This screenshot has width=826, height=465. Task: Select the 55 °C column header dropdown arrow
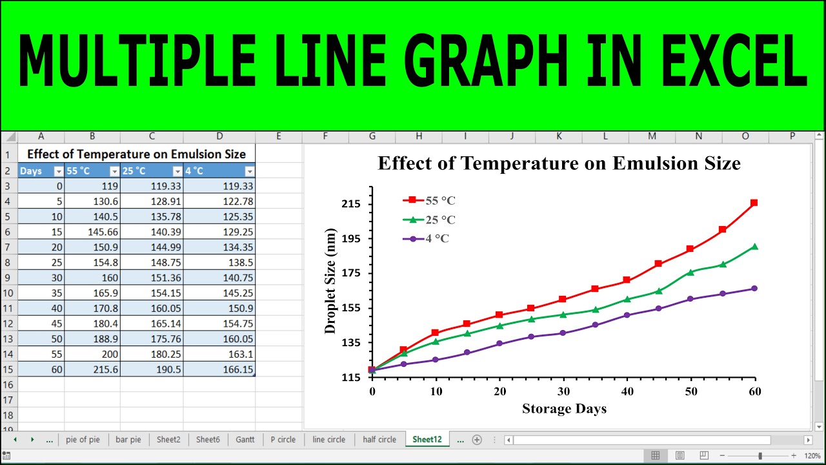coord(114,171)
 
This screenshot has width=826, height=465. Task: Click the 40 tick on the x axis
coord(627,391)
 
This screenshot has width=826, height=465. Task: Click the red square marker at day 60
coord(754,203)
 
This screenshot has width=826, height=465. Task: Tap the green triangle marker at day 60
coord(754,246)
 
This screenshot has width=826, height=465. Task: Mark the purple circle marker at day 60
coord(754,288)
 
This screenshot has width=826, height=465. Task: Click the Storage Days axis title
coord(564,408)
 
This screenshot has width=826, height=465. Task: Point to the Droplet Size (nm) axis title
coord(330,281)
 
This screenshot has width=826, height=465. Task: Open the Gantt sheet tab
coord(245,439)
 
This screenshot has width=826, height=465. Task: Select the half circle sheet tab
coord(379,439)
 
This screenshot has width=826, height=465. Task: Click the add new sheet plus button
coord(477,440)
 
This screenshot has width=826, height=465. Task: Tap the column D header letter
coord(219,136)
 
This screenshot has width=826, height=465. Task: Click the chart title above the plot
coord(559,163)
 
